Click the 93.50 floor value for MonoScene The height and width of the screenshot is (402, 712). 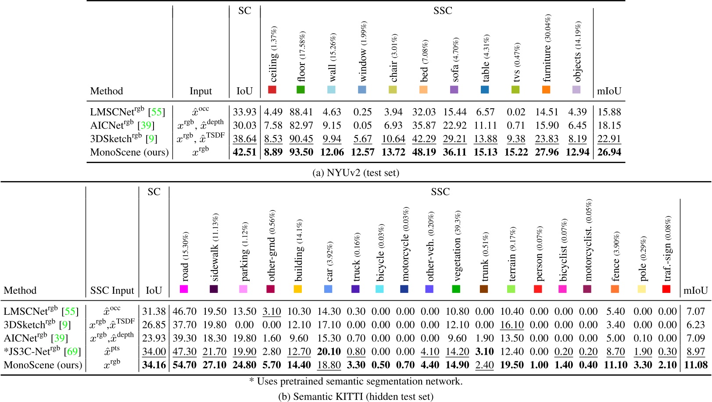(301, 152)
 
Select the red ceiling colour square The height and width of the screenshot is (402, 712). (272, 90)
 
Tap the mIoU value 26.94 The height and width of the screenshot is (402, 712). (609, 152)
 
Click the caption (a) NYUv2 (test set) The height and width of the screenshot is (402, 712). (355, 173)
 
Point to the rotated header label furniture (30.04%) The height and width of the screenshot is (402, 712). (547, 48)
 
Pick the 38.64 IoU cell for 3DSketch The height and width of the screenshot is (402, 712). (244, 139)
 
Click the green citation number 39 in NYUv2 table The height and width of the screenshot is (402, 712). (146, 125)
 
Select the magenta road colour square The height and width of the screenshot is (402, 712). (184, 289)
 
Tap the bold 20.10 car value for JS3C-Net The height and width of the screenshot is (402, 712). (329, 352)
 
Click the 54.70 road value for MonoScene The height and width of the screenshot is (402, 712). (184, 365)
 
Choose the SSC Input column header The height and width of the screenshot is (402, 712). (112, 290)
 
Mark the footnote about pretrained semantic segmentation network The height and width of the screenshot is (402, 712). (356, 381)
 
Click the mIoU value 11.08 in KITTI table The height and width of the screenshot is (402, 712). (696, 365)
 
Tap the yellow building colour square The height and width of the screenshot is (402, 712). (297, 289)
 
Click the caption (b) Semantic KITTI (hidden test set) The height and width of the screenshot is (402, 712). (356, 396)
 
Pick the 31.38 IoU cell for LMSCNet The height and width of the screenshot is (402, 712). (154, 312)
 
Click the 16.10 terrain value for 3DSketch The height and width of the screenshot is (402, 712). (512, 325)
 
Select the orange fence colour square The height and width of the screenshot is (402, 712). (615, 289)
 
